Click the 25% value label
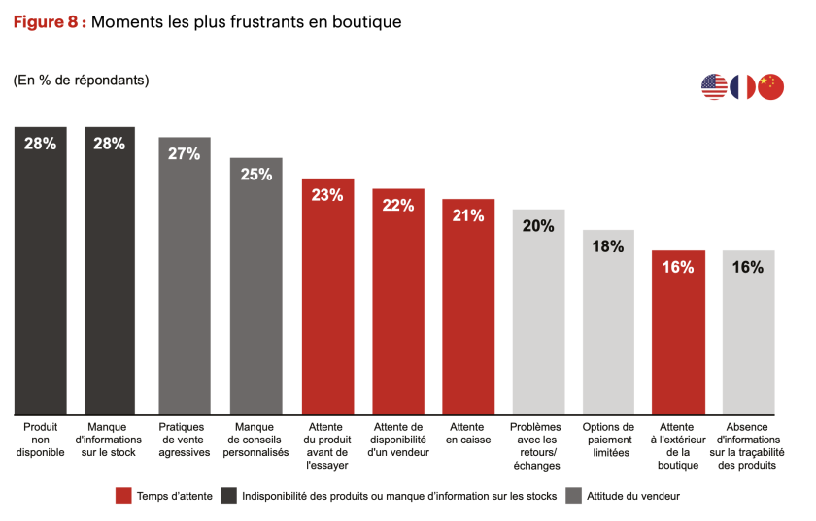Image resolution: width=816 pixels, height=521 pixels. pos(256,175)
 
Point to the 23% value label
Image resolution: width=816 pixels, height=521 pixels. pos(327,195)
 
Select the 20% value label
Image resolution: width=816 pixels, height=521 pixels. pos(538,226)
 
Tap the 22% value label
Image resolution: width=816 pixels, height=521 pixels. pos(398,206)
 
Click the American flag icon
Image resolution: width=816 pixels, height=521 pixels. pos(714,86)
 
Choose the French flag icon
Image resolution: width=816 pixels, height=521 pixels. pos(743,86)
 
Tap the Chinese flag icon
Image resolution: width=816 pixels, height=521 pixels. pos(770,86)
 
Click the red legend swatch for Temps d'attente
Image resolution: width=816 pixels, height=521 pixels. pos(122,496)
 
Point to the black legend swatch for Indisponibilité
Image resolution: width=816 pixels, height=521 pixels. pos(229,496)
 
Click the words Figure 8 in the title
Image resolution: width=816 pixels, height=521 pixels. pos(50,21)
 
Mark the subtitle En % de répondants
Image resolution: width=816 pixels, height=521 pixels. pos(81,80)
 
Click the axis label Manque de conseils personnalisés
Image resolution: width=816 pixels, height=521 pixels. pos(256,440)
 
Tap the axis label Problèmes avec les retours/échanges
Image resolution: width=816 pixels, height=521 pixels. pos(538,445)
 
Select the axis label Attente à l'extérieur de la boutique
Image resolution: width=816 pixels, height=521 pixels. pos(678,445)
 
